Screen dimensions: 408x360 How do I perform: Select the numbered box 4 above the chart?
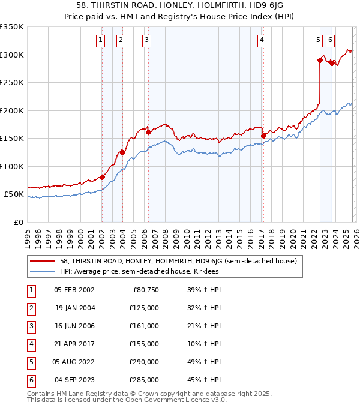[262, 40]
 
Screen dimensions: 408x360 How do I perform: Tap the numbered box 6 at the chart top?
[331, 40]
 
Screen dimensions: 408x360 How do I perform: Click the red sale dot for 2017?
[263, 136]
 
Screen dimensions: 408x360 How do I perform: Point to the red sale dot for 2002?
[102, 177]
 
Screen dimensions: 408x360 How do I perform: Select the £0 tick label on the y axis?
[19, 222]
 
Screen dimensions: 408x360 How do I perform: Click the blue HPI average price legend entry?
[139, 272]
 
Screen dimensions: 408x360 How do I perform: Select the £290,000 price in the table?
[144, 362]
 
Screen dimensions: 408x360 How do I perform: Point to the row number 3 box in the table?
[31, 326]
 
